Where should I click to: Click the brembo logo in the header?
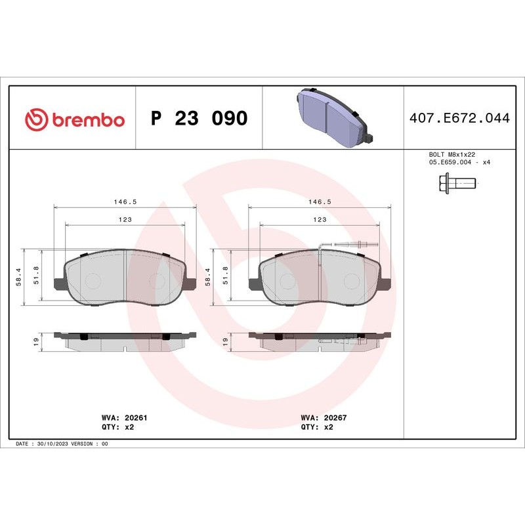coord(74,119)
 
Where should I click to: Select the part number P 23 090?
coord(199,119)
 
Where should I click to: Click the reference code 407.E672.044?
coord(459,119)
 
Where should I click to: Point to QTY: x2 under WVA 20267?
coord(318,427)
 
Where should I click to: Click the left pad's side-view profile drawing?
coord(125,341)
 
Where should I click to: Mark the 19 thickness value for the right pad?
coord(224,341)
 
